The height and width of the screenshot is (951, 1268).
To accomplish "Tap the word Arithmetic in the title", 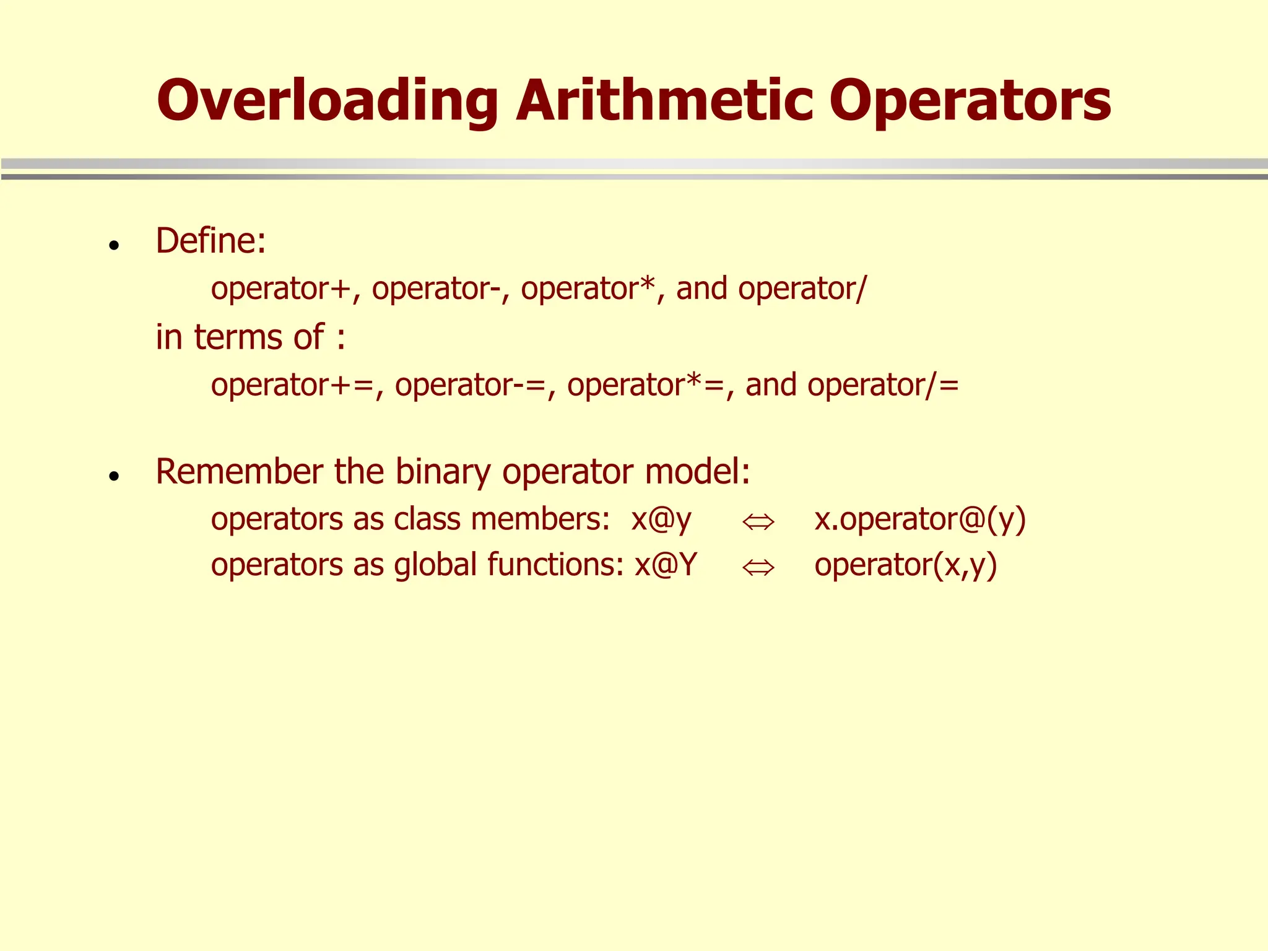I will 664,100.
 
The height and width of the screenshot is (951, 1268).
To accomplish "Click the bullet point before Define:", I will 113,246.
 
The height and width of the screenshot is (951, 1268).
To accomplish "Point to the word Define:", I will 211,241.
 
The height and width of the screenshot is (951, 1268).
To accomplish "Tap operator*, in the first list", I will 593,289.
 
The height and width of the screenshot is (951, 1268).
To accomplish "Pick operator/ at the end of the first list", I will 802,289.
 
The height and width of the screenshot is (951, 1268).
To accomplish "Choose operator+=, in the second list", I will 297,385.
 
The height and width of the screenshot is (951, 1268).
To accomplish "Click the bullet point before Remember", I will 113,476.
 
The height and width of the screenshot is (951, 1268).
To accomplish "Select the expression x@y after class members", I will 661,519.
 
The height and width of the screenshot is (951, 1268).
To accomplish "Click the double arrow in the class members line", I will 758,522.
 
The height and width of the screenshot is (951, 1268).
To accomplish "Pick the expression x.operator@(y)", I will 920,519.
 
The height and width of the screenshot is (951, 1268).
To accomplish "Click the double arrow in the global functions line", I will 758,567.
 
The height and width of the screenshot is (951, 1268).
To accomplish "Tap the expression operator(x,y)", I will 905,565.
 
